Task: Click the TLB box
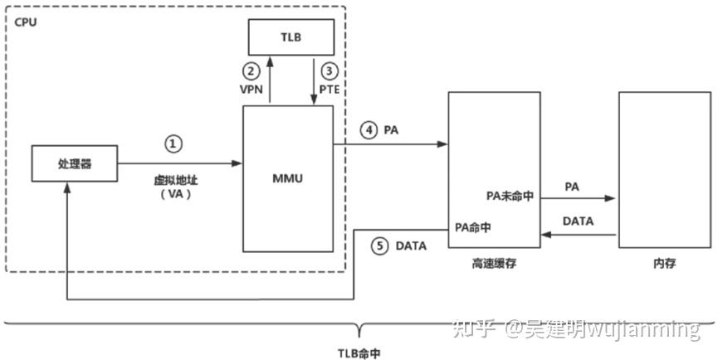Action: (x=291, y=37)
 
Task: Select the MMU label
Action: (x=287, y=177)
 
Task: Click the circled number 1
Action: (x=173, y=144)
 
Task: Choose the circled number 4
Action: (x=369, y=129)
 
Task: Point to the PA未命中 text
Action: (x=510, y=197)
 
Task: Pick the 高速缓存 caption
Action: (x=489, y=263)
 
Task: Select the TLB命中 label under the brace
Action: (x=359, y=352)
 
